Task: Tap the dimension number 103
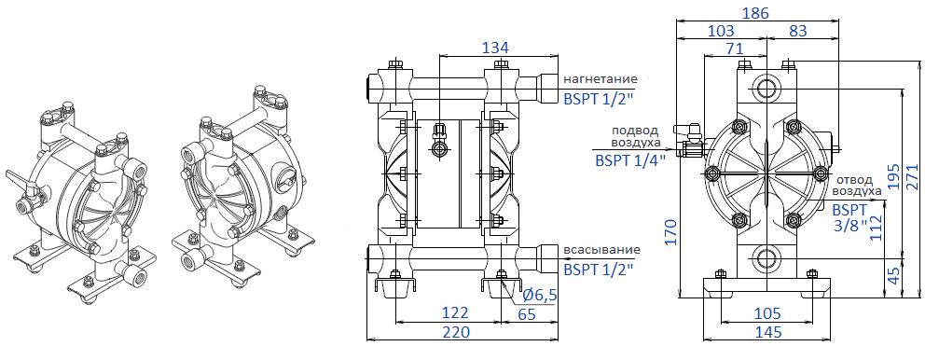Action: click(721, 31)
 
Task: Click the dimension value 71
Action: click(735, 48)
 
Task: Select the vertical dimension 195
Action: click(895, 185)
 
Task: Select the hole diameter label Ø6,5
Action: click(540, 295)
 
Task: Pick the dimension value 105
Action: click(766, 314)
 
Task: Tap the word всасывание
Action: click(601, 250)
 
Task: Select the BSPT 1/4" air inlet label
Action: click(629, 159)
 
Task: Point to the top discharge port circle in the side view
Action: click(766, 89)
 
